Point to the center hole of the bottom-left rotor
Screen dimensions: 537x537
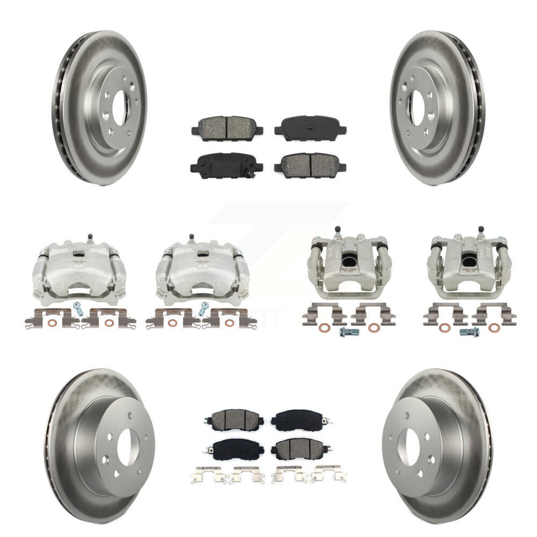pyautogui.click(x=129, y=445)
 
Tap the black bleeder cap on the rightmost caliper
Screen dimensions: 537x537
pyautogui.click(x=480, y=229)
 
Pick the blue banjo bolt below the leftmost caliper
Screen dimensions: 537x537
pyautogui.click(x=77, y=309)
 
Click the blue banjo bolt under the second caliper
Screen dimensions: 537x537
pyautogui.click(x=203, y=309)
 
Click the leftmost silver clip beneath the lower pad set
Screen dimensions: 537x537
pyautogui.click(x=209, y=475)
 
